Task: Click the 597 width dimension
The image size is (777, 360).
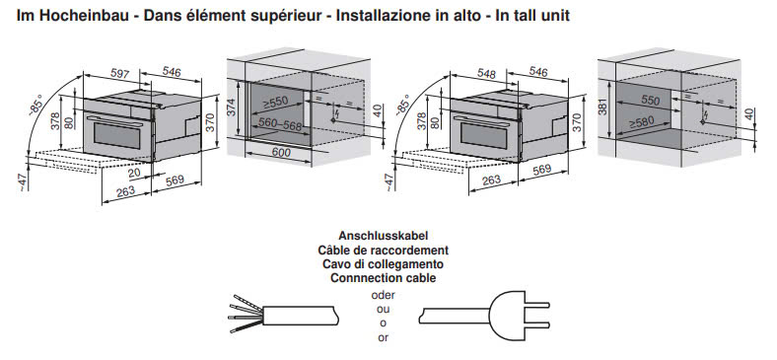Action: tap(119, 74)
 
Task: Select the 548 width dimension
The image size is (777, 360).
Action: tap(487, 74)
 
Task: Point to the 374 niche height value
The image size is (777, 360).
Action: tap(232, 108)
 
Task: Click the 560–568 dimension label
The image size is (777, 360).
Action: tap(280, 125)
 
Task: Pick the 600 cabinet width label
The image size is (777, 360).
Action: tap(281, 153)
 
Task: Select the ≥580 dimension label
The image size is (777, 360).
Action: tap(642, 121)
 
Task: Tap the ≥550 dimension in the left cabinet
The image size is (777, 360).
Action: tap(275, 103)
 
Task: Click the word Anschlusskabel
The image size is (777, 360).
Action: tap(383, 236)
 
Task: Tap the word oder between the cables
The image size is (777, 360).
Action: tap(383, 295)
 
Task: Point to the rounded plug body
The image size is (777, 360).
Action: tap(508, 315)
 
